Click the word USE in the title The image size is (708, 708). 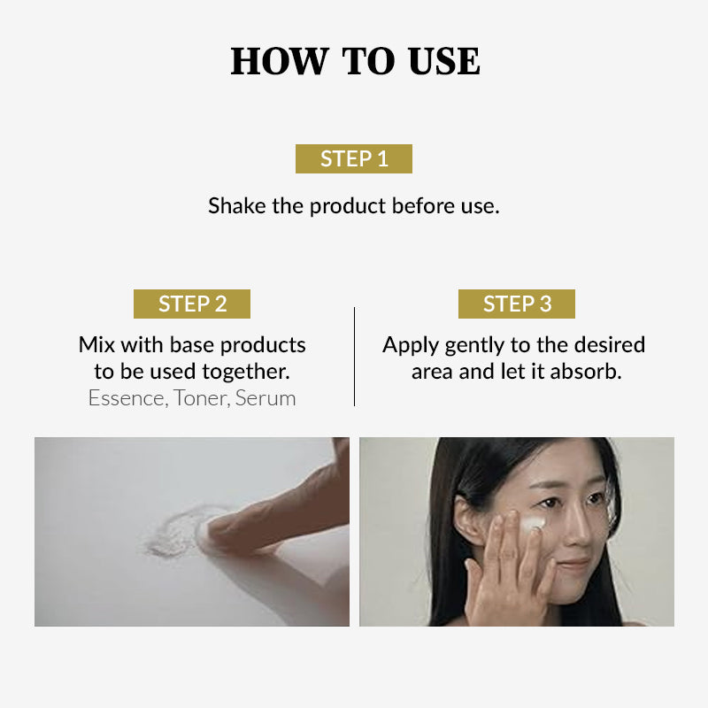point(444,61)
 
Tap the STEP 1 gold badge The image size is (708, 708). point(354,159)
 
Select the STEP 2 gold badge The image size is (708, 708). point(192,304)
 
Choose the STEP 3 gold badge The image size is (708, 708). point(517,304)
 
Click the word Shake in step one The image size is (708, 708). point(236,206)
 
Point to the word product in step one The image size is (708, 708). point(347,207)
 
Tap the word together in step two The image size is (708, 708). point(246,373)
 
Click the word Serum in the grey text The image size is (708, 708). point(265,399)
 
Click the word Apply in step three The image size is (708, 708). point(411,346)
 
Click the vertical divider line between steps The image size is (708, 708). point(355,357)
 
